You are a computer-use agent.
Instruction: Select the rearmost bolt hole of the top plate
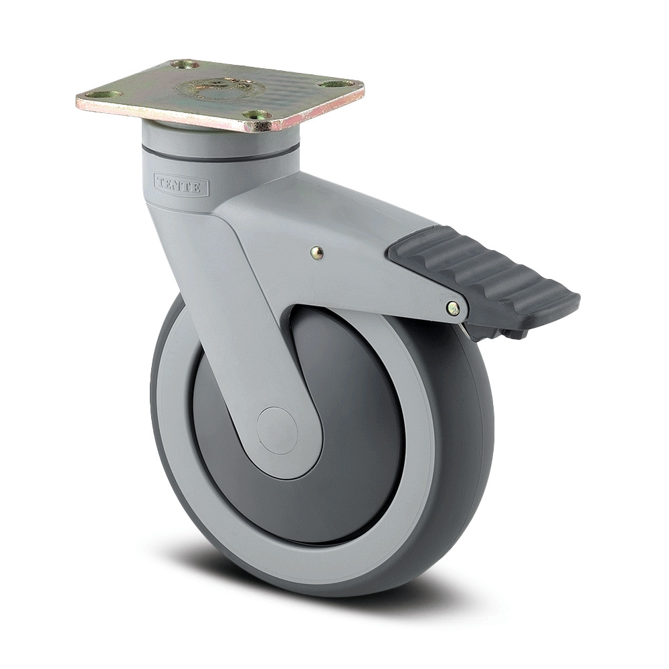185,65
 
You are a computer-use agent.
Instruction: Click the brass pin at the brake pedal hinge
454,308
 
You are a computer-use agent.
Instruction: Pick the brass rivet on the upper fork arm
317,252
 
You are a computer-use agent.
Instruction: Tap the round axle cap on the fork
277,429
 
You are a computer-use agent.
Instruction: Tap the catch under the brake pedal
498,331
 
